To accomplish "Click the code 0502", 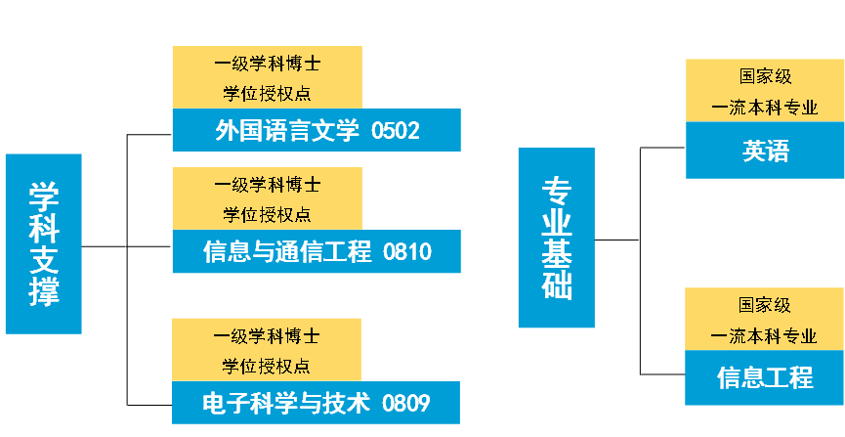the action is click(x=396, y=131).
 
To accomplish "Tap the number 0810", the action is click(x=407, y=253).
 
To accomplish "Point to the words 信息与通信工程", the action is click(x=288, y=253).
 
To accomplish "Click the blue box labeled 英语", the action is click(x=765, y=151).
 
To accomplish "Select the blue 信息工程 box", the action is click(x=764, y=377).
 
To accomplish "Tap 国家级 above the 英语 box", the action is click(x=765, y=76).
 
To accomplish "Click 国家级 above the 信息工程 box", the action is click(x=764, y=305).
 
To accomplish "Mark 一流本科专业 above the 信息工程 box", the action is click(x=764, y=336).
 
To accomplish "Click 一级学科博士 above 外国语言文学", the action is click(x=267, y=65).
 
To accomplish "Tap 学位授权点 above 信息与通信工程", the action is click(x=267, y=214).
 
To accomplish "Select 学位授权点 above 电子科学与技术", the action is click(x=267, y=366).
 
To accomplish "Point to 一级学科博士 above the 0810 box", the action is click(x=267, y=184).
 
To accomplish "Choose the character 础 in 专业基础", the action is click(x=557, y=285).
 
